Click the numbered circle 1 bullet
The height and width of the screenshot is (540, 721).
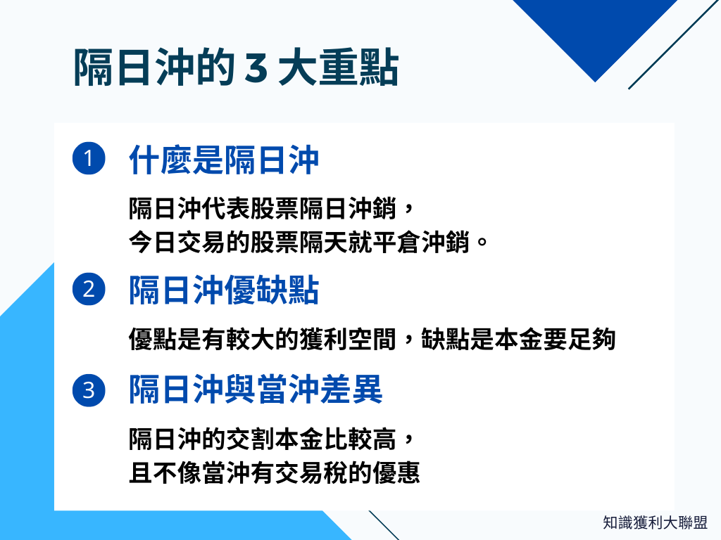pyautogui.click(x=89, y=160)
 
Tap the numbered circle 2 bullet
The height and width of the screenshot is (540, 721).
pyautogui.click(x=89, y=290)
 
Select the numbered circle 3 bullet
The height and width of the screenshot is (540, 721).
pyautogui.click(x=89, y=390)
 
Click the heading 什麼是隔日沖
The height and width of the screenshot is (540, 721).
pyautogui.click(x=224, y=160)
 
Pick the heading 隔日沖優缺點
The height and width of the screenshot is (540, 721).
pyautogui.click(x=224, y=290)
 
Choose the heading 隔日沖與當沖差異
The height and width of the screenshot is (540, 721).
pyautogui.click(x=256, y=390)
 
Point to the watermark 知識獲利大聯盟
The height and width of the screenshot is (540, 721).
pyautogui.click(x=655, y=523)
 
